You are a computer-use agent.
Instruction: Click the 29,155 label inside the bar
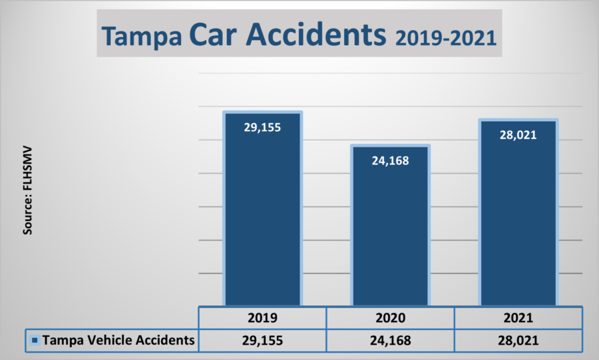pyautogui.click(x=262, y=126)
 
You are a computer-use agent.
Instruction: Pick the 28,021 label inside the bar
pyautogui.click(x=518, y=134)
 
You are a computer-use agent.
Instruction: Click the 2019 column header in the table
pyautogui.click(x=262, y=317)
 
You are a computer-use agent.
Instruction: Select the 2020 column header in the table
pyautogui.click(x=391, y=317)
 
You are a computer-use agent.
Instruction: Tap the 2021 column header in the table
pyautogui.click(x=518, y=317)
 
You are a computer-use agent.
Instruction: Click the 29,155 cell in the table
pyautogui.click(x=262, y=340)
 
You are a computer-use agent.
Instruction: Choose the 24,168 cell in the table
pyautogui.click(x=391, y=340)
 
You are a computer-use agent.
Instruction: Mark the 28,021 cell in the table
pyautogui.click(x=518, y=340)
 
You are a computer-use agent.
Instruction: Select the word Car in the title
pyautogui.click(x=213, y=35)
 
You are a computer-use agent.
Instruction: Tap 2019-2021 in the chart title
pyautogui.click(x=446, y=37)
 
